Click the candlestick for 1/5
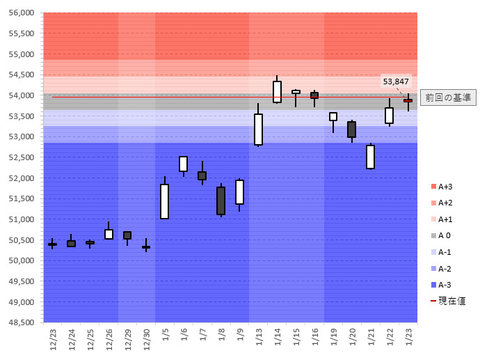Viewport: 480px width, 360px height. (165, 201)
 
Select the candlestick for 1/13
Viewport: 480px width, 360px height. (258, 129)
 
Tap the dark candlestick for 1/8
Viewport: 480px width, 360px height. (221, 201)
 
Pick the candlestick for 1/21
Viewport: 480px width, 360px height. (371, 157)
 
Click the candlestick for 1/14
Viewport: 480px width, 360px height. (277, 92)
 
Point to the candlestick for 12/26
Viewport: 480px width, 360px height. (109, 234)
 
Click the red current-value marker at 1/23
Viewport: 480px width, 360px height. (408, 100)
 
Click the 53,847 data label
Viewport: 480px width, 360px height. (396, 81)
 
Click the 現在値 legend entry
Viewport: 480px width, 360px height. (448, 301)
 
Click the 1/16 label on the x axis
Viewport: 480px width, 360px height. (315, 338)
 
